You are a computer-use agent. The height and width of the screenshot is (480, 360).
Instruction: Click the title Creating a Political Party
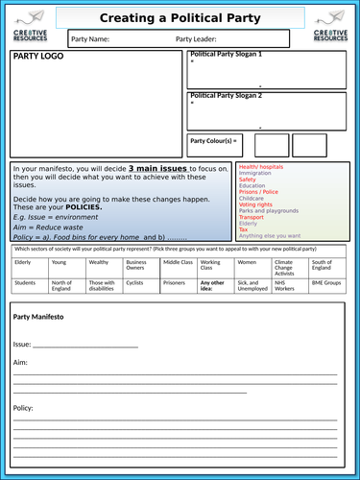tap(180, 17)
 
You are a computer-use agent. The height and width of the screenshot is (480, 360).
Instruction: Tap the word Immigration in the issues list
tap(256, 173)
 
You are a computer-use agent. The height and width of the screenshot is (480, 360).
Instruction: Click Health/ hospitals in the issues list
tap(261, 166)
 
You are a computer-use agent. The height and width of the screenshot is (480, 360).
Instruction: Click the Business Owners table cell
tap(136, 264)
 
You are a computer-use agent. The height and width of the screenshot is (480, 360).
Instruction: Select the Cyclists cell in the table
tap(135, 283)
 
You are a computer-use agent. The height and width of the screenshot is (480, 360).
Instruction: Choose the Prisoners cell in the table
tap(175, 283)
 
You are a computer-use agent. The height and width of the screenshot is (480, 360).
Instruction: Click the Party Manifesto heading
tap(38, 316)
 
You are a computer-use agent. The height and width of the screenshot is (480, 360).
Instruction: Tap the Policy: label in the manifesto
tap(23, 407)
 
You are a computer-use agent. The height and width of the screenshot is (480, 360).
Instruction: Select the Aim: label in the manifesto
tap(20, 363)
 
